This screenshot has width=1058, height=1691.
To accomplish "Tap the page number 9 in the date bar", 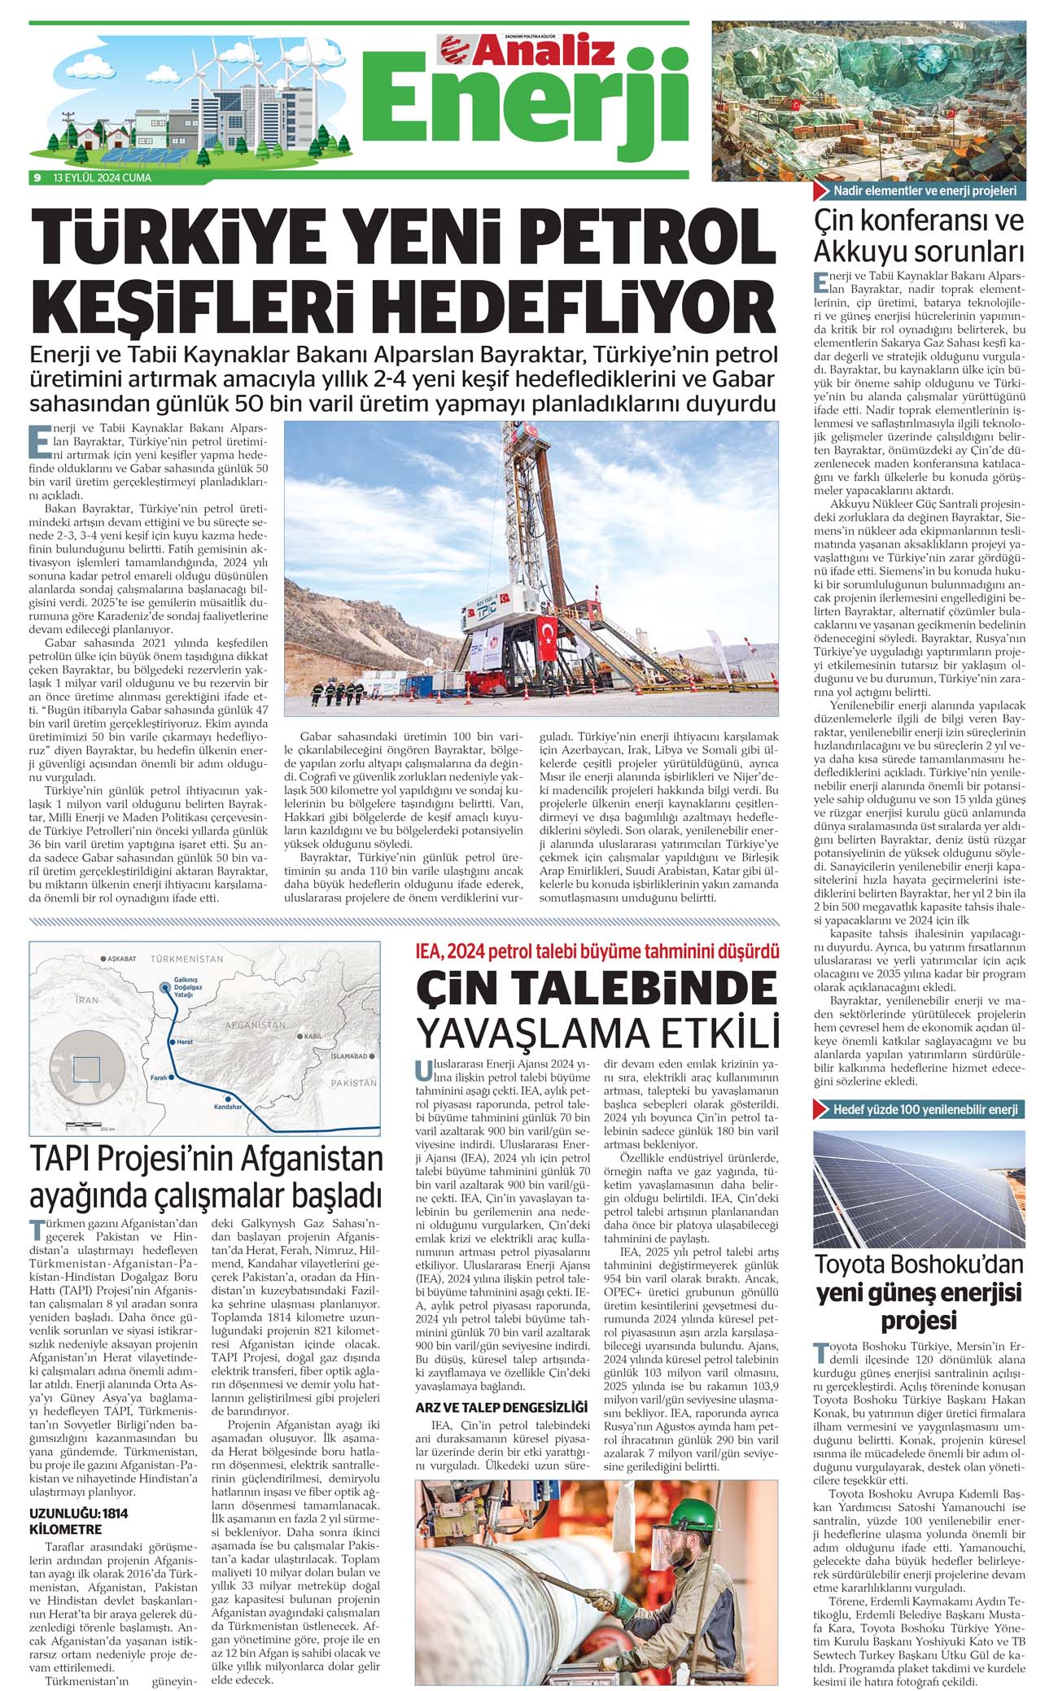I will pos(37,177).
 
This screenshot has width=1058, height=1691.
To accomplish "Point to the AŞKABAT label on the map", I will pos(121,959).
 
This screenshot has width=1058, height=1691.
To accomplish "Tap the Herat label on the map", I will pos(184,1042).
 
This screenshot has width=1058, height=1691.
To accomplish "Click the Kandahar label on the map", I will pos(228,1107).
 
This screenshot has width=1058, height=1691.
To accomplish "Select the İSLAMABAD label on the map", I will pos(349,1055).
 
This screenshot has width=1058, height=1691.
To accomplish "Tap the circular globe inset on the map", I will pos(86,1068).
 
